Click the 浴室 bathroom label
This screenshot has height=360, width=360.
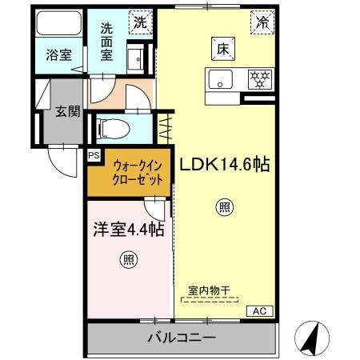coord(58,56)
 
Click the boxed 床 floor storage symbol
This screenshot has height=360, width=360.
coord(222,48)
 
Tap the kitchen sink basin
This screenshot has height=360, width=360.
coord(220,80)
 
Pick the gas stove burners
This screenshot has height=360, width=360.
coord(258,79)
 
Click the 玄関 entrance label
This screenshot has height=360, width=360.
coord(67,111)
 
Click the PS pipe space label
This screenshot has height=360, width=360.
coord(94,156)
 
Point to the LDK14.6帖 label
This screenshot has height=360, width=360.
coord(224,166)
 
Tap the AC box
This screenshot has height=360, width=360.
coord(259,310)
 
